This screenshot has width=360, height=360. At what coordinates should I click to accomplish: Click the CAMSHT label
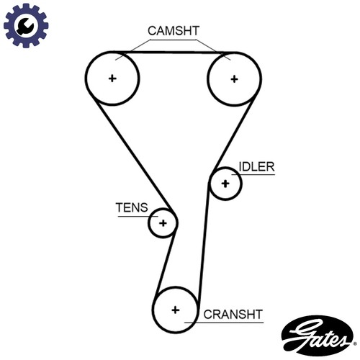tap(174, 31)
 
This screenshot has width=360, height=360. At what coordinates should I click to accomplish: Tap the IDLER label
tap(256, 166)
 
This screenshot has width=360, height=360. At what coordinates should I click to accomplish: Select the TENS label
tap(132, 207)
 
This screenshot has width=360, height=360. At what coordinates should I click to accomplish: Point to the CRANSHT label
tap(233, 315)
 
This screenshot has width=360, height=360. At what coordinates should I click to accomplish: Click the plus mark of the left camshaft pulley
tap(112, 78)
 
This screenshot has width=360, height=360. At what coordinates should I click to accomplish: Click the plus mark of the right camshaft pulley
tap(234, 79)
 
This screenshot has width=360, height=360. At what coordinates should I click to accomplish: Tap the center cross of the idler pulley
tap(225, 184)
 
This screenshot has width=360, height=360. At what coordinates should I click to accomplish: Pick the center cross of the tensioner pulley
tap(163, 223)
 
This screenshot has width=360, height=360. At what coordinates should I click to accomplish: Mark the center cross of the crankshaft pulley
tap(176, 310)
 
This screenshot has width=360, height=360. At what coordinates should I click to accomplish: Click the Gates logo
tap(318, 336)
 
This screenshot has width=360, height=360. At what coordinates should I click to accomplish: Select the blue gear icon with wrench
tap(26, 25)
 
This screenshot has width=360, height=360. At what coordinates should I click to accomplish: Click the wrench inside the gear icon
tap(25, 26)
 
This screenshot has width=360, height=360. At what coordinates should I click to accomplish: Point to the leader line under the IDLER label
tap(253, 174)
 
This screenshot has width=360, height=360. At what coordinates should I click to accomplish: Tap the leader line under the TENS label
tap(138, 217)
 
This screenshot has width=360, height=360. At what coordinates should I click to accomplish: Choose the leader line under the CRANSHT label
tap(224, 323)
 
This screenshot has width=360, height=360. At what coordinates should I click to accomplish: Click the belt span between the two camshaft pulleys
tap(174, 52)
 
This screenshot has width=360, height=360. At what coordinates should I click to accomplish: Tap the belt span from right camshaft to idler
tap(233, 135)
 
